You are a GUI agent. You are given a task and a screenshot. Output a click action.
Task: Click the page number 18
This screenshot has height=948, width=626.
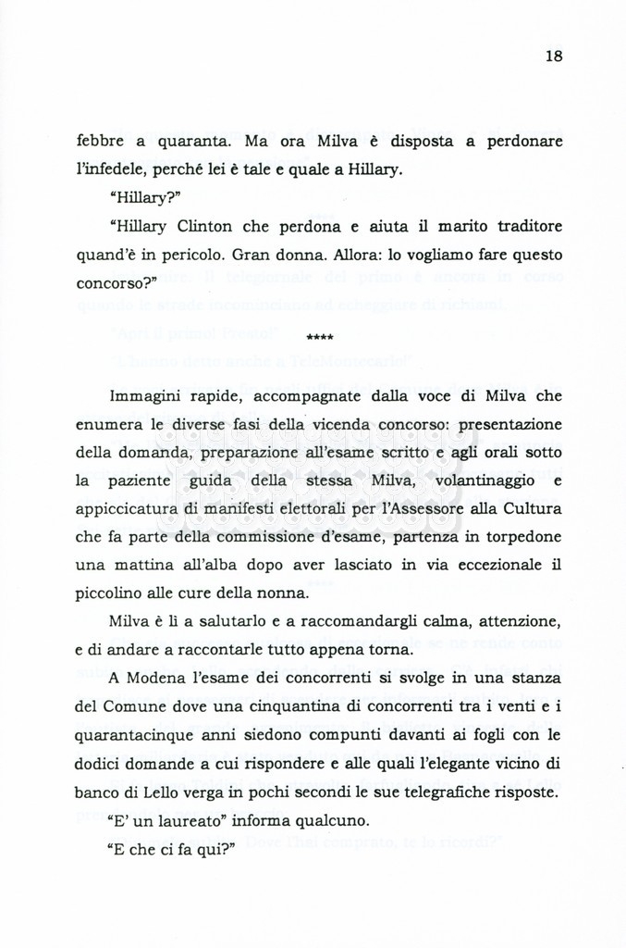pos(553,56)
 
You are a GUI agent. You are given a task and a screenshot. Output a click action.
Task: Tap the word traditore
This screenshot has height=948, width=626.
pos(527,226)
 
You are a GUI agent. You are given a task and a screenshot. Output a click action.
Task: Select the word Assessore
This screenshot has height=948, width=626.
pos(441,508)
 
